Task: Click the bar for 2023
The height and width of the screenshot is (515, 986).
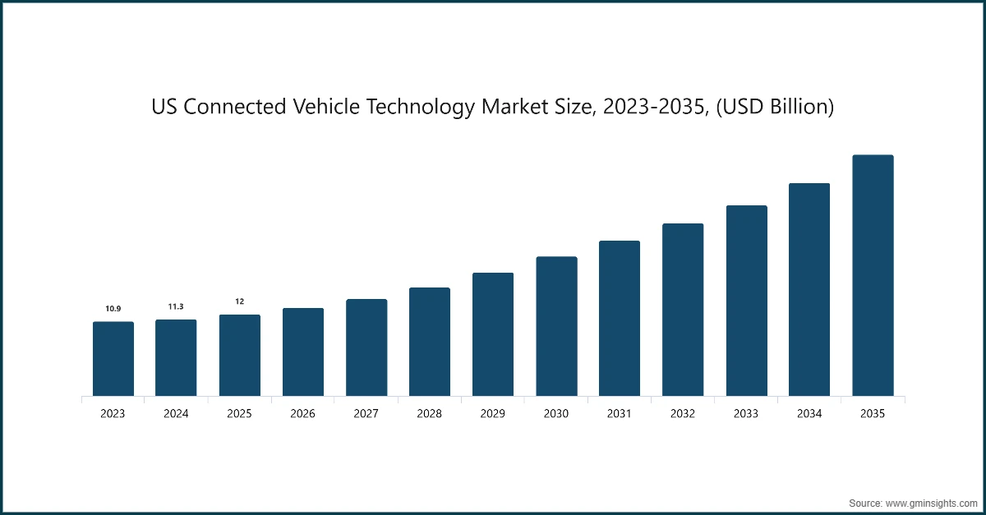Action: tap(113, 359)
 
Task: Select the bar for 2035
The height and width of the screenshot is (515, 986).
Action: tap(873, 276)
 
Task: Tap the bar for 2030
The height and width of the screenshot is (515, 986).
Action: tap(556, 327)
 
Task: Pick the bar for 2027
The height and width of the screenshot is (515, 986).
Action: tap(366, 348)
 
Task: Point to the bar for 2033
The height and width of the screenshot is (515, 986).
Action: tap(746, 301)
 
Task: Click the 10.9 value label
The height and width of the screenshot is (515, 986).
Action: tap(113, 309)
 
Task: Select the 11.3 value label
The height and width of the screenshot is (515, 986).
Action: tap(176, 306)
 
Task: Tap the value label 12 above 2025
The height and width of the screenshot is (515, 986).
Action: tap(239, 301)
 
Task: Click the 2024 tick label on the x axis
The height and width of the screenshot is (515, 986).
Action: tap(176, 414)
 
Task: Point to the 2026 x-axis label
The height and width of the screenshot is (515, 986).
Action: tap(302, 414)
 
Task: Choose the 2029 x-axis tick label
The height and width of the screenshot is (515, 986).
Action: tap(493, 414)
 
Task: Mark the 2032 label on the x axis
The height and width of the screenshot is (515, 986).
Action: tap(683, 414)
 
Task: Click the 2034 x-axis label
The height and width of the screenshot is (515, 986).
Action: tap(809, 414)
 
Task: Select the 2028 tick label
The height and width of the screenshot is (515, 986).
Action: tap(430, 414)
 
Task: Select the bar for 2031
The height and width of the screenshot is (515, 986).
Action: tap(620, 319)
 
